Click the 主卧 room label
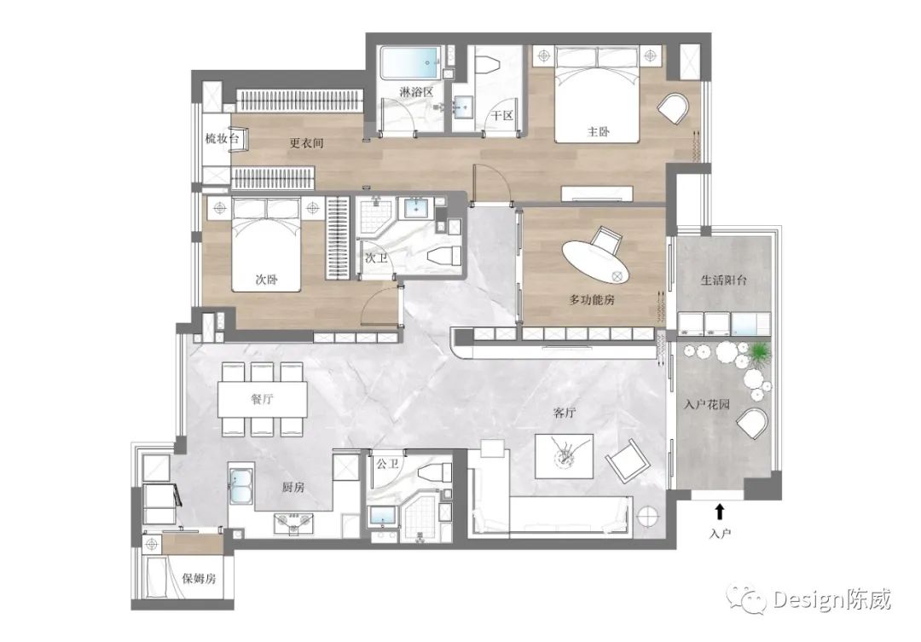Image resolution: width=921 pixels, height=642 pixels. click(598, 131)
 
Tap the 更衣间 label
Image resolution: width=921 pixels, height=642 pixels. click(306, 142)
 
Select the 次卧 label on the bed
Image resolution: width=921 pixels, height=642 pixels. click(266, 280)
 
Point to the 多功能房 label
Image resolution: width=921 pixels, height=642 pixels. click(592, 299)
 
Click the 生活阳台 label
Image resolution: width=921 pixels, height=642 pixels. click(724, 280)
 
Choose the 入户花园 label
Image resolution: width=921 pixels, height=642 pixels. click(707, 404)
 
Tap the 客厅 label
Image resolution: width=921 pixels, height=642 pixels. click(564, 413)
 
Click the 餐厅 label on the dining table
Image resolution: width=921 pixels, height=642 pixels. click(263, 399)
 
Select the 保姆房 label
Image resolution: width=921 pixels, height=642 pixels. click(199, 579)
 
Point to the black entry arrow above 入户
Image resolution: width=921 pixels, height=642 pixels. click(720, 511)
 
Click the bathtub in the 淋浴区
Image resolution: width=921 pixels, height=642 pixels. click(410, 63)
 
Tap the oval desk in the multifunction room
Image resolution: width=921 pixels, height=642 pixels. click(595, 262)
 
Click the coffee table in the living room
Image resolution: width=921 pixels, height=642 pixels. click(564, 456)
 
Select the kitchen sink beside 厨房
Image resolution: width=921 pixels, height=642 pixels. click(240, 486)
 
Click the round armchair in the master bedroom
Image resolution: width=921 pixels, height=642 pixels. click(673, 108)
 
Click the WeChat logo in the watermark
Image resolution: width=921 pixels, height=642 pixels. click(747, 599)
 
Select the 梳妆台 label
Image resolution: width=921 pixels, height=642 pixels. click(222, 139)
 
